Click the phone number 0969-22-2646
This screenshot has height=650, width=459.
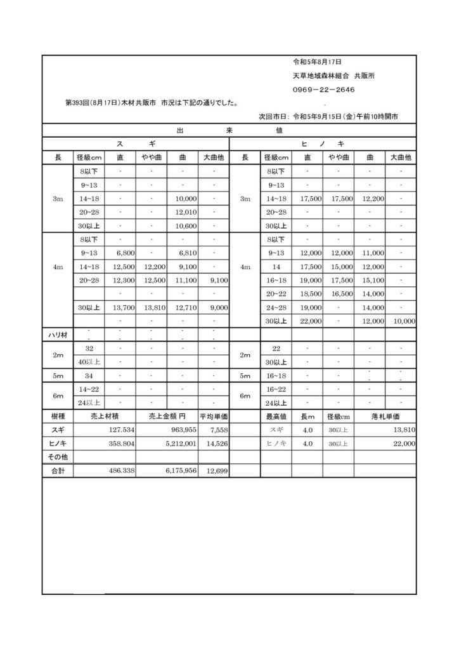[x=323, y=90]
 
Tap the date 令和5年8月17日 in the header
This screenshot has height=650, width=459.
[x=317, y=62]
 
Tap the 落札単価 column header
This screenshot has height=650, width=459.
[x=385, y=416]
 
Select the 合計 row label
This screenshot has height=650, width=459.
[x=58, y=471]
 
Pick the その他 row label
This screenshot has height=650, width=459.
[x=58, y=457]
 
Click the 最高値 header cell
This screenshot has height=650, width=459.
[x=276, y=416]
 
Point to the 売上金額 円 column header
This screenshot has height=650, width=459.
[x=167, y=416]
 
